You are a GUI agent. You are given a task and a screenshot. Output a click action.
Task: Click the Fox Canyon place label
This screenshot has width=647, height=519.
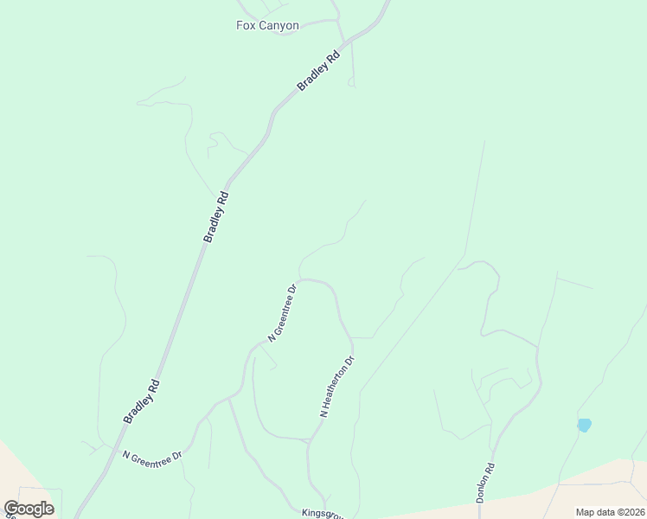click(267, 26)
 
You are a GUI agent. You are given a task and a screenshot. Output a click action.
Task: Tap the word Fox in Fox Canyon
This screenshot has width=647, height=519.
click(246, 26)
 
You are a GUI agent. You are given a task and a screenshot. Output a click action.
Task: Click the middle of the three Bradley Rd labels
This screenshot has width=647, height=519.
click(216, 216)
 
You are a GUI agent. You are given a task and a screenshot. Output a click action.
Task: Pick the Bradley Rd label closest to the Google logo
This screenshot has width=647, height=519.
click(141, 401)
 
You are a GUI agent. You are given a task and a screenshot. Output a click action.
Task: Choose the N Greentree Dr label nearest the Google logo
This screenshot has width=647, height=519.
click(152, 455)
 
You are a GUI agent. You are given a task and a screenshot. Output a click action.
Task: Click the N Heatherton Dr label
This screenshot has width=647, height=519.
click(337, 387)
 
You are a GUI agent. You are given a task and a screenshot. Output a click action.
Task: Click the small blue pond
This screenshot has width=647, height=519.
click(584, 425)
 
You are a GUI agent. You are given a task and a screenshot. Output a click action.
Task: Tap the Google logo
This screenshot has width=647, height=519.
click(29, 509)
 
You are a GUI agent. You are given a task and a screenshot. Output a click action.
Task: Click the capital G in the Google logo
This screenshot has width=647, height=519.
click(11, 508)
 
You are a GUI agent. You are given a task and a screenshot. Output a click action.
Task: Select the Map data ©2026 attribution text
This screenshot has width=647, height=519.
click(610, 512)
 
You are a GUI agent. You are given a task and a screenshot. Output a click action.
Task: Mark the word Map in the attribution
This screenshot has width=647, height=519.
click(586, 512)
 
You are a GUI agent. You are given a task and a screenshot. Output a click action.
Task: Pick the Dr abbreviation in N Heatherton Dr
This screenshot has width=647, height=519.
click(350, 360)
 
